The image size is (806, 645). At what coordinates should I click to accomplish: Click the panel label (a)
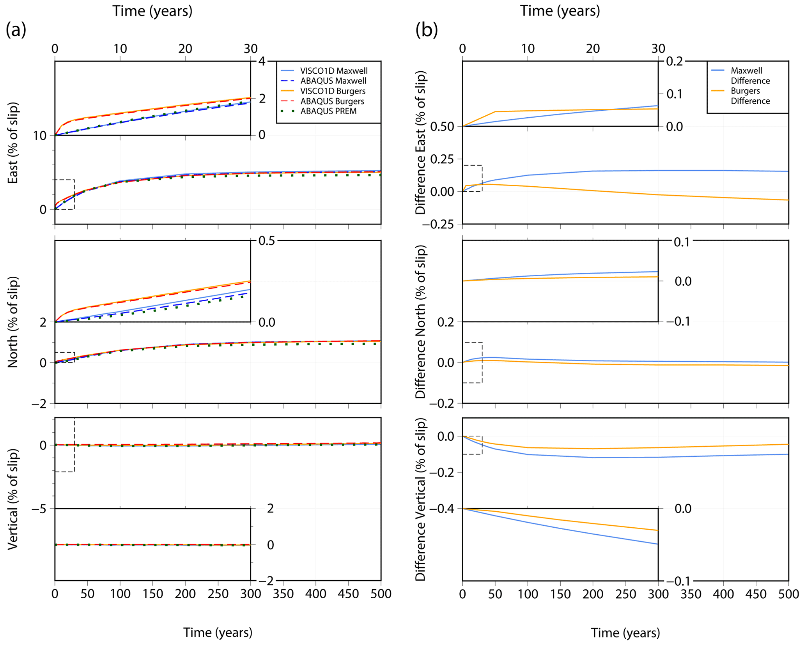pyautogui.click(x=16, y=30)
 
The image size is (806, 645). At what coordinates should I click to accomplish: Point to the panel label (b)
pyautogui.click(x=426, y=30)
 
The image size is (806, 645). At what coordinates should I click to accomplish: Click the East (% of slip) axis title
pyautogui.click(x=13, y=143)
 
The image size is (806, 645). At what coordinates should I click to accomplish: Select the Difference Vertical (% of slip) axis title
pyautogui.click(x=420, y=499)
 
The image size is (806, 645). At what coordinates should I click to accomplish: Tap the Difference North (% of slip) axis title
pyautogui.click(x=420, y=322)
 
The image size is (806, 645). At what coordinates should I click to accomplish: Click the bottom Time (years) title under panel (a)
pyautogui.click(x=218, y=632)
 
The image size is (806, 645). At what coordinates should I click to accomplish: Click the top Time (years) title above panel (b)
pyautogui.click(x=560, y=11)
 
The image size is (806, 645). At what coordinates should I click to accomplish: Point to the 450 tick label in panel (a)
pyautogui.click(x=348, y=594)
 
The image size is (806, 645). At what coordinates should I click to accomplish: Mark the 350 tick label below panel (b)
pyautogui.click(x=691, y=594)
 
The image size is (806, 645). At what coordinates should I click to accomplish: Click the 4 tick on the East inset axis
pyautogui.click(x=262, y=62)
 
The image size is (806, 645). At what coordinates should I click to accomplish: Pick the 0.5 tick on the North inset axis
pyautogui.click(x=267, y=241)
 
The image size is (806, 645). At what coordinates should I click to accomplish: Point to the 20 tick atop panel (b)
pyautogui.click(x=593, y=49)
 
